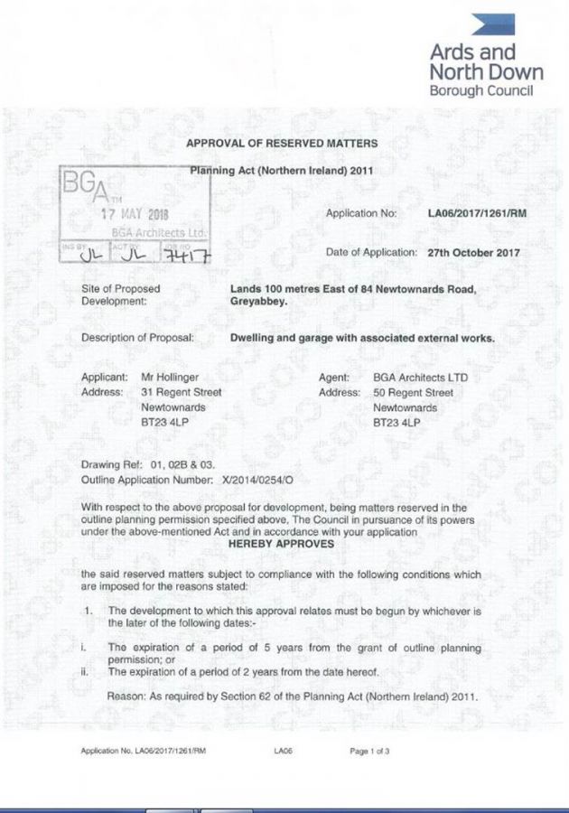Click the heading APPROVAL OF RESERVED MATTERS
tap(281, 144)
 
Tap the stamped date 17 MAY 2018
tap(134, 214)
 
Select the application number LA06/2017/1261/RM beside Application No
tap(477, 214)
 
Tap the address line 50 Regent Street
tap(413, 393)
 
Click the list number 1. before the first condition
tap(88, 612)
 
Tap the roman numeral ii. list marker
tap(83, 671)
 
